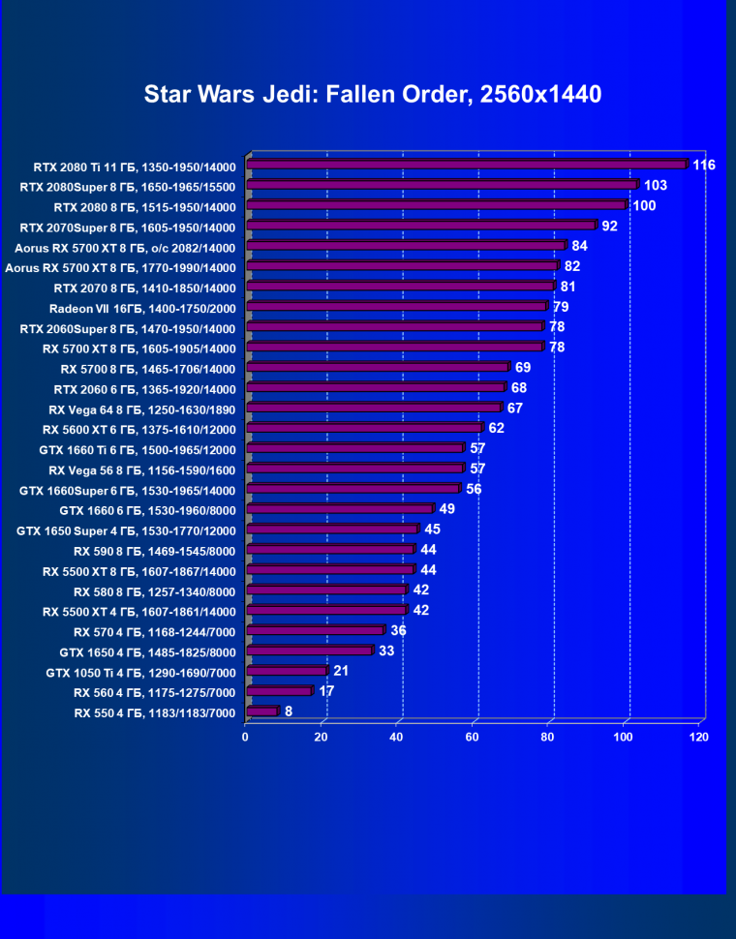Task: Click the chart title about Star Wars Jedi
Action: [373, 94]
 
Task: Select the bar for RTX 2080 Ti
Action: [467, 166]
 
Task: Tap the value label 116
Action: [704, 165]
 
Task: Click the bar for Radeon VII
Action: [396, 307]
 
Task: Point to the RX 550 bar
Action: [262, 712]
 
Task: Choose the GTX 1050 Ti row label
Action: [140, 672]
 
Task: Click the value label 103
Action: [656, 185]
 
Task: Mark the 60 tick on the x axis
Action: [472, 737]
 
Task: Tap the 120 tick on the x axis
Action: [698, 737]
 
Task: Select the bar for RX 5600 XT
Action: [364, 428]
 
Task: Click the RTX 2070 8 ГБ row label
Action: [144, 288]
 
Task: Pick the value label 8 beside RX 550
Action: [289, 712]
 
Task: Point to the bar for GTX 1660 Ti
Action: [355, 448]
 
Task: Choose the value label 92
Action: [610, 226]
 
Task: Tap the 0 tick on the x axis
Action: [245, 737]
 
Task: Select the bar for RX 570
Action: [316, 631]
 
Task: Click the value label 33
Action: [386, 651]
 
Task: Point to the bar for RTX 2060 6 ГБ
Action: [376, 388]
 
